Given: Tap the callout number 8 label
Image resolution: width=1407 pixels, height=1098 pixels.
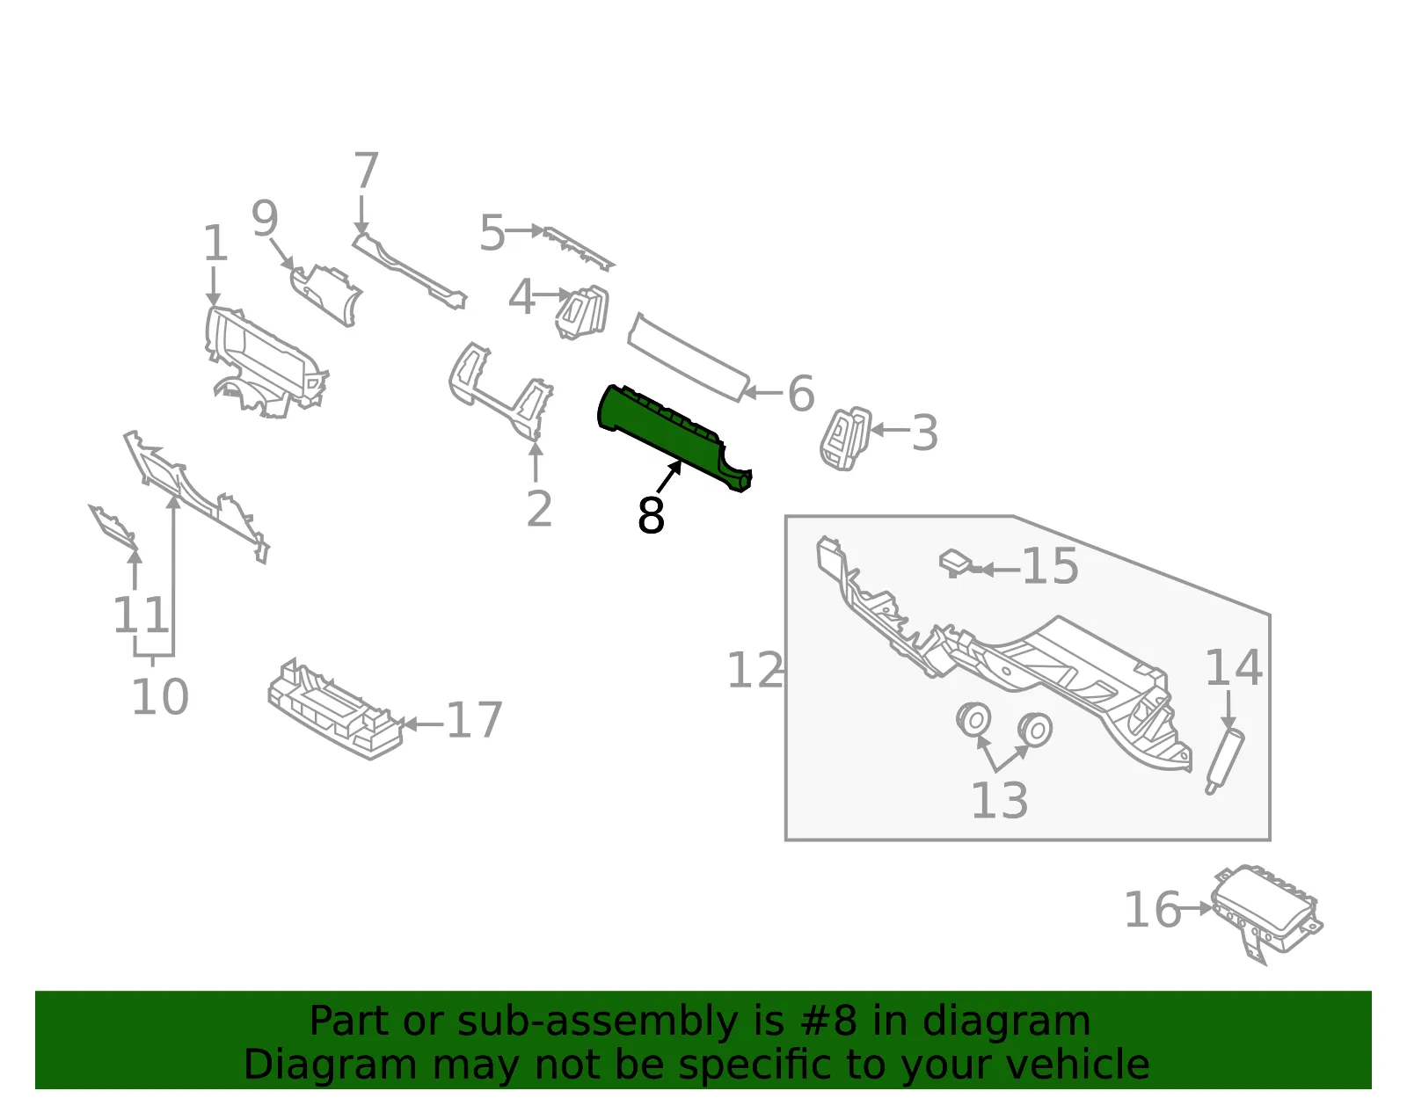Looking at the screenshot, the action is click(651, 516).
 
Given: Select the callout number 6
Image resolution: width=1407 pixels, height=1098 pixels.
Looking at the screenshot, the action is click(801, 393).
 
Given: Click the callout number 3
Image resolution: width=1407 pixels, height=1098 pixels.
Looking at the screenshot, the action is click(924, 433).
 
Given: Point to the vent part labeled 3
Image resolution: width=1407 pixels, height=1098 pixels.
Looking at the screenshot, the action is click(845, 438).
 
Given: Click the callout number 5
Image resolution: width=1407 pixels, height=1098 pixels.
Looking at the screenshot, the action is click(492, 233).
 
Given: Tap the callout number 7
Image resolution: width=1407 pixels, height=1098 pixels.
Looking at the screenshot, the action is click(366, 170).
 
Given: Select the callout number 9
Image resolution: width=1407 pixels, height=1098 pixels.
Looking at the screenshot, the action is click(265, 218).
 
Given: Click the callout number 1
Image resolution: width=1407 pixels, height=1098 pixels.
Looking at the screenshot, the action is click(215, 244).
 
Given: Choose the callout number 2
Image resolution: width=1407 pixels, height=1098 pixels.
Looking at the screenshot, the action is click(539, 508).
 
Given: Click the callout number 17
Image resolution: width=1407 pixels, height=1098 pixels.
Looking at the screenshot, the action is click(474, 720).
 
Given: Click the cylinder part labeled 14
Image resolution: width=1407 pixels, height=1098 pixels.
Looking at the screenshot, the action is click(1224, 761).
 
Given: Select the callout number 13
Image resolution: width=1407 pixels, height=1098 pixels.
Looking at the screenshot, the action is click(999, 801).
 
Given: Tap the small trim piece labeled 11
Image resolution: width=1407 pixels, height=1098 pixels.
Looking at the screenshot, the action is click(113, 525).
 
